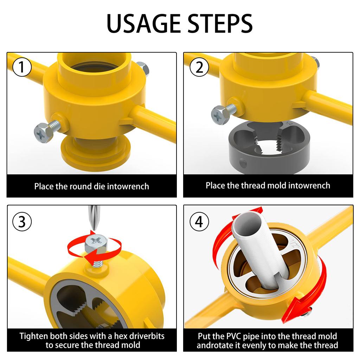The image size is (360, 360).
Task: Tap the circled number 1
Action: pos(22,67)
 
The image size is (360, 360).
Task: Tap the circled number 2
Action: pos(199,67)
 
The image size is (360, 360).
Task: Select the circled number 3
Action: pos(22,222)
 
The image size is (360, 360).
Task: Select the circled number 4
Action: pos(199,222)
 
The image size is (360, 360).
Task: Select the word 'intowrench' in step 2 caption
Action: pos(309,185)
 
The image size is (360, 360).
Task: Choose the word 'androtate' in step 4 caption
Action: pos(214,345)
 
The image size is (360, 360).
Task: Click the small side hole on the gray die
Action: pos(243,163)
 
